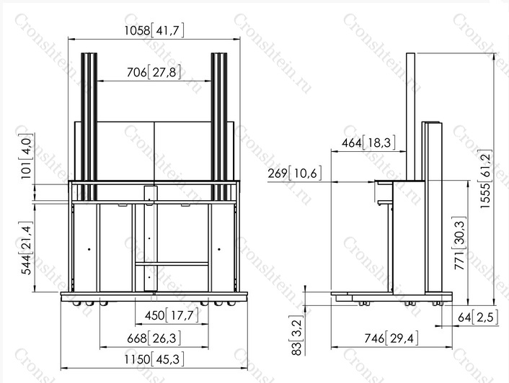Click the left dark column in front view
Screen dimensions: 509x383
[x=89, y=127]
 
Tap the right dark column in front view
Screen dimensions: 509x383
[x=219, y=127]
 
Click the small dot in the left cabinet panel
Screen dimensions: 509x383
[x=89, y=249]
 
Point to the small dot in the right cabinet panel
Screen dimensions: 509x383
[x=219, y=249]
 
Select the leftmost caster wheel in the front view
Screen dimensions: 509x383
[x=77, y=304]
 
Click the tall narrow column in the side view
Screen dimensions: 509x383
[x=411, y=117]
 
